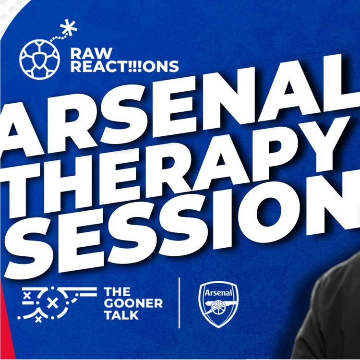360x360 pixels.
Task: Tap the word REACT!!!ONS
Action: click(124, 66)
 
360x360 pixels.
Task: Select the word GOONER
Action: click(133, 303)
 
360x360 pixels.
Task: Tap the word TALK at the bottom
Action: click(121, 315)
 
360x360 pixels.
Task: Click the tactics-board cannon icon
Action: click(56, 302)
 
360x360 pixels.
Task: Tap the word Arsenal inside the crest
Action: click(218, 292)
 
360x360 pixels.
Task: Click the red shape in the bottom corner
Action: click(5, 326)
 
